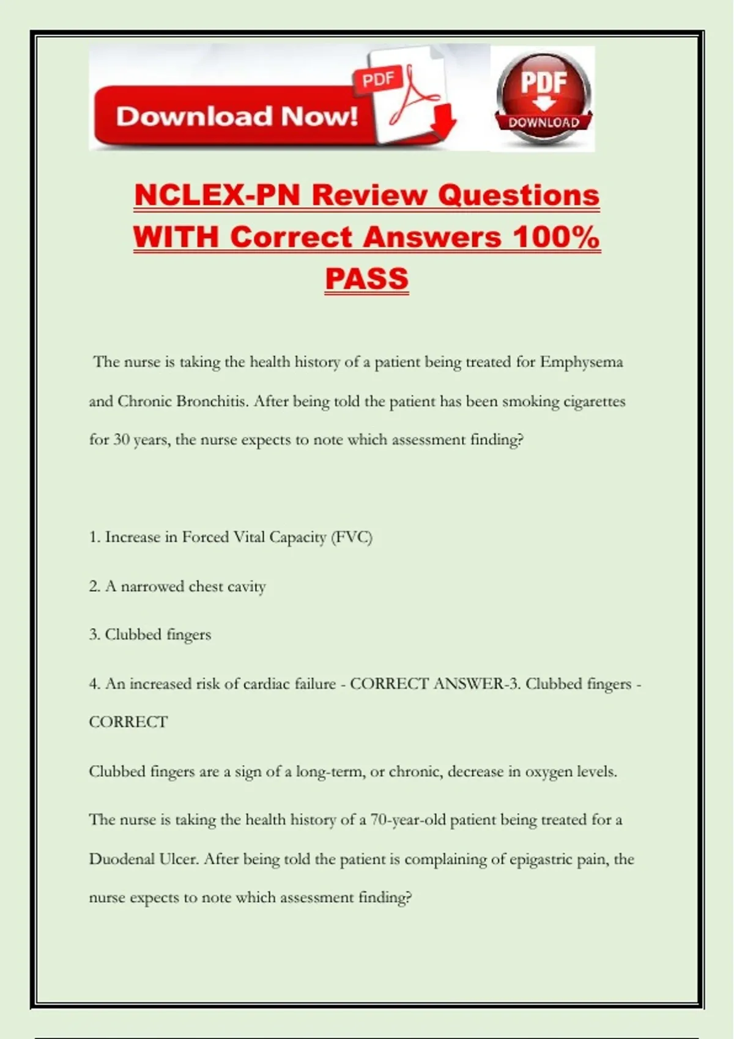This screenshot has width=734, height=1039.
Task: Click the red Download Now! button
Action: (235, 116)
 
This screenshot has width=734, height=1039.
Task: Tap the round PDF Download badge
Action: (543, 98)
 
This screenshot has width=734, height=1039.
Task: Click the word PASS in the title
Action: (366, 279)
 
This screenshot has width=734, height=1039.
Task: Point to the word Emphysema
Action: (581, 362)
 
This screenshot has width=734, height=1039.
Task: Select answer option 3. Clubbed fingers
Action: (150, 635)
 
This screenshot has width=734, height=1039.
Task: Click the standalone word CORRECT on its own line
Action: (128, 722)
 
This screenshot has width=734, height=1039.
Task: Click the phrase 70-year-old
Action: (408, 820)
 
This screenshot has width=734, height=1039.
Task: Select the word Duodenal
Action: (122, 859)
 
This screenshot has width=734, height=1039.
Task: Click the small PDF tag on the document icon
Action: (377, 79)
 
